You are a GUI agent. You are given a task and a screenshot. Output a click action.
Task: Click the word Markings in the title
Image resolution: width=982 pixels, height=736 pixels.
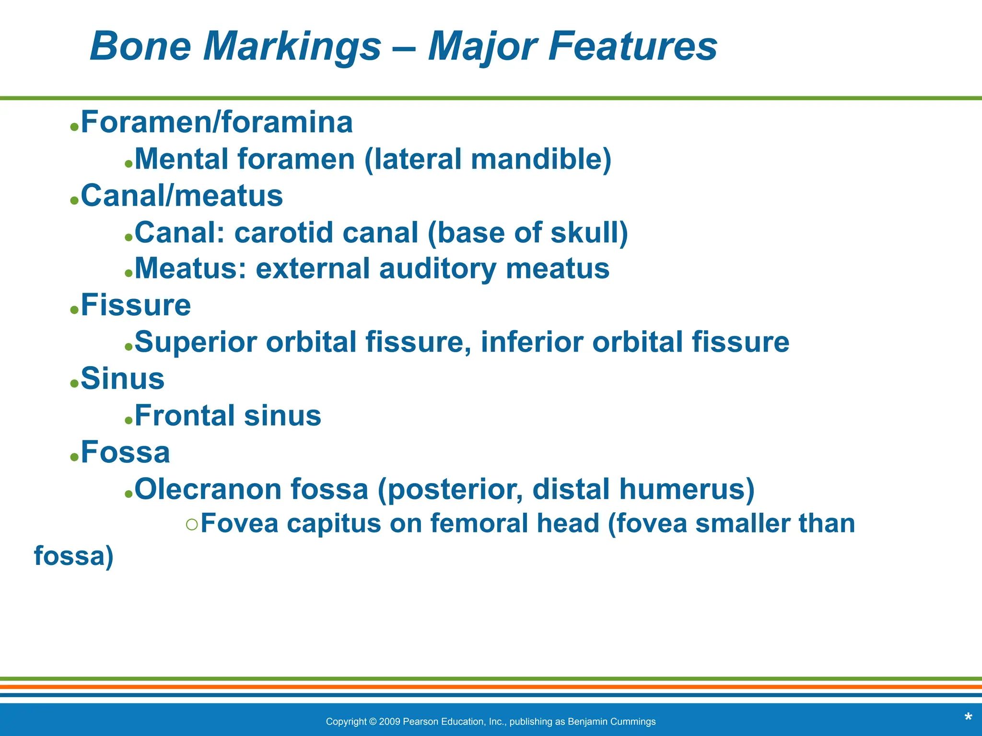click(292, 47)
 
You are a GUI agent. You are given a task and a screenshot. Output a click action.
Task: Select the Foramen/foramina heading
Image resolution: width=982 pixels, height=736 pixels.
click(217, 122)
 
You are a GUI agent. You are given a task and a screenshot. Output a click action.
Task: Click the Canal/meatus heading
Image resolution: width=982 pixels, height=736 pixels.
click(182, 196)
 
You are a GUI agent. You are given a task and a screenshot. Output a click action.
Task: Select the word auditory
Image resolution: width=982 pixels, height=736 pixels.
click(437, 268)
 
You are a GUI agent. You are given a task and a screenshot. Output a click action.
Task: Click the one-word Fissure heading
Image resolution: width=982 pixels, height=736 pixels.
click(136, 305)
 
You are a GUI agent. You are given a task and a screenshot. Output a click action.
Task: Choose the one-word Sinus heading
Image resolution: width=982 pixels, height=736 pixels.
click(122, 379)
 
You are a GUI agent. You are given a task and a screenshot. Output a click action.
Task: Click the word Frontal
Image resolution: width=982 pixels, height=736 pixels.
click(185, 415)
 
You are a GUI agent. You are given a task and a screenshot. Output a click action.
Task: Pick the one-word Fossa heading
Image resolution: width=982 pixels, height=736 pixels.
click(125, 452)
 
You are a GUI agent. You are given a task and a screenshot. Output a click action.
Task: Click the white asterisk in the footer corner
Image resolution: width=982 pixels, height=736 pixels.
click(968, 718)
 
